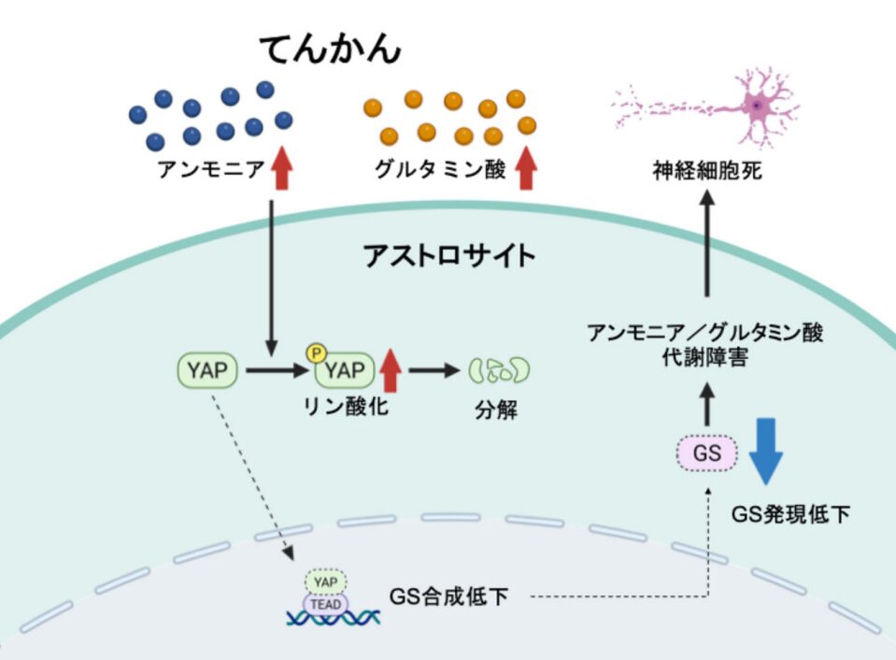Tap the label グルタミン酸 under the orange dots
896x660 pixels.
pyautogui.click(x=440, y=171)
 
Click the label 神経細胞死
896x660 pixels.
pyautogui.click(x=707, y=172)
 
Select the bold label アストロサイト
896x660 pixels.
pyautogui.click(x=448, y=254)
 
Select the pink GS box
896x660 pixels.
pyautogui.click(x=707, y=453)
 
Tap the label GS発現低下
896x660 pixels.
pyautogui.click(x=790, y=513)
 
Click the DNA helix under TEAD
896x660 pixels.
pyautogui.click(x=334, y=620)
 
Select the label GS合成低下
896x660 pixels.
pyautogui.click(x=449, y=595)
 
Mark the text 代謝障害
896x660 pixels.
pyautogui.click(x=705, y=357)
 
